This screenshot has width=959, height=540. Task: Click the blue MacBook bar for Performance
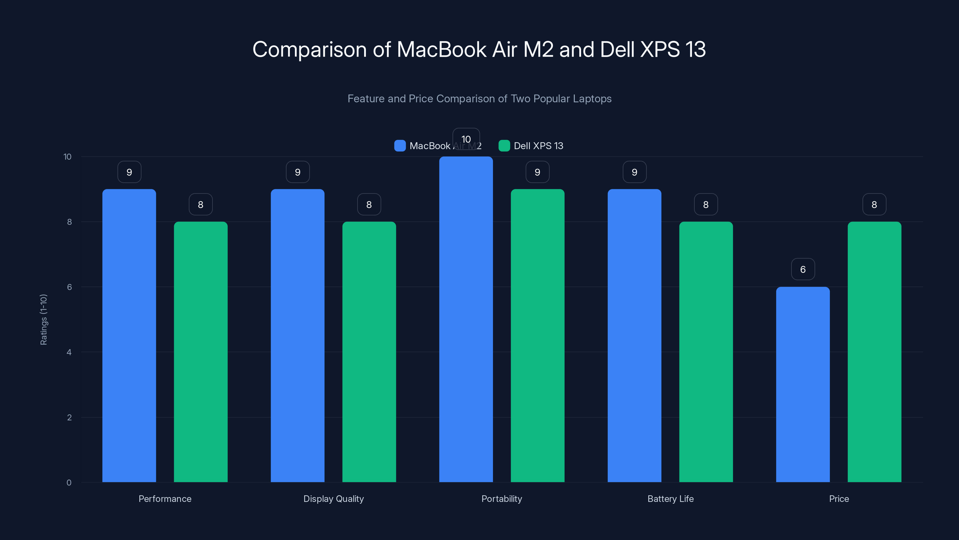tap(129, 335)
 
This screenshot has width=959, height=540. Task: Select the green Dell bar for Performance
tap(201, 352)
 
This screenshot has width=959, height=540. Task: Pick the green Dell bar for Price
tap(874, 352)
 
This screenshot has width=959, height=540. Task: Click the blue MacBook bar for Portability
tap(466, 319)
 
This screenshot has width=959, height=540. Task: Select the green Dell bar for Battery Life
tap(706, 352)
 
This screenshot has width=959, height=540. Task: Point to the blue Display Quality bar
tap(298, 335)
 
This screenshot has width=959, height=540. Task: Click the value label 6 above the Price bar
tap(803, 269)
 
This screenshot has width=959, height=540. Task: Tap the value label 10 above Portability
tap(466, 139)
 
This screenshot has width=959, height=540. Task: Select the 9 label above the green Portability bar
tap(537, 172)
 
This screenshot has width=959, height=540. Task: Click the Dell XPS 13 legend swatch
tap(504, 146)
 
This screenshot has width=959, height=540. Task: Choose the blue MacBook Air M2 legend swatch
tap(400, 146)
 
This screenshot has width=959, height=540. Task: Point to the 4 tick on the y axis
tap(69, 352)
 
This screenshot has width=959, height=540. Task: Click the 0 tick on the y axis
tap(69, 483)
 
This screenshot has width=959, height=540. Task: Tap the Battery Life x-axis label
tap(670, 499)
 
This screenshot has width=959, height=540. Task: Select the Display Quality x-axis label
tap(334, 499)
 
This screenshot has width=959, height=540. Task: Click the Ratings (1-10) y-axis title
tap(43, 319)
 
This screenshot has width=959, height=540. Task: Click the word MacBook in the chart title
tap(441, 49)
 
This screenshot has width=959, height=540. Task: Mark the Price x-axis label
tap(839, 499)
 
